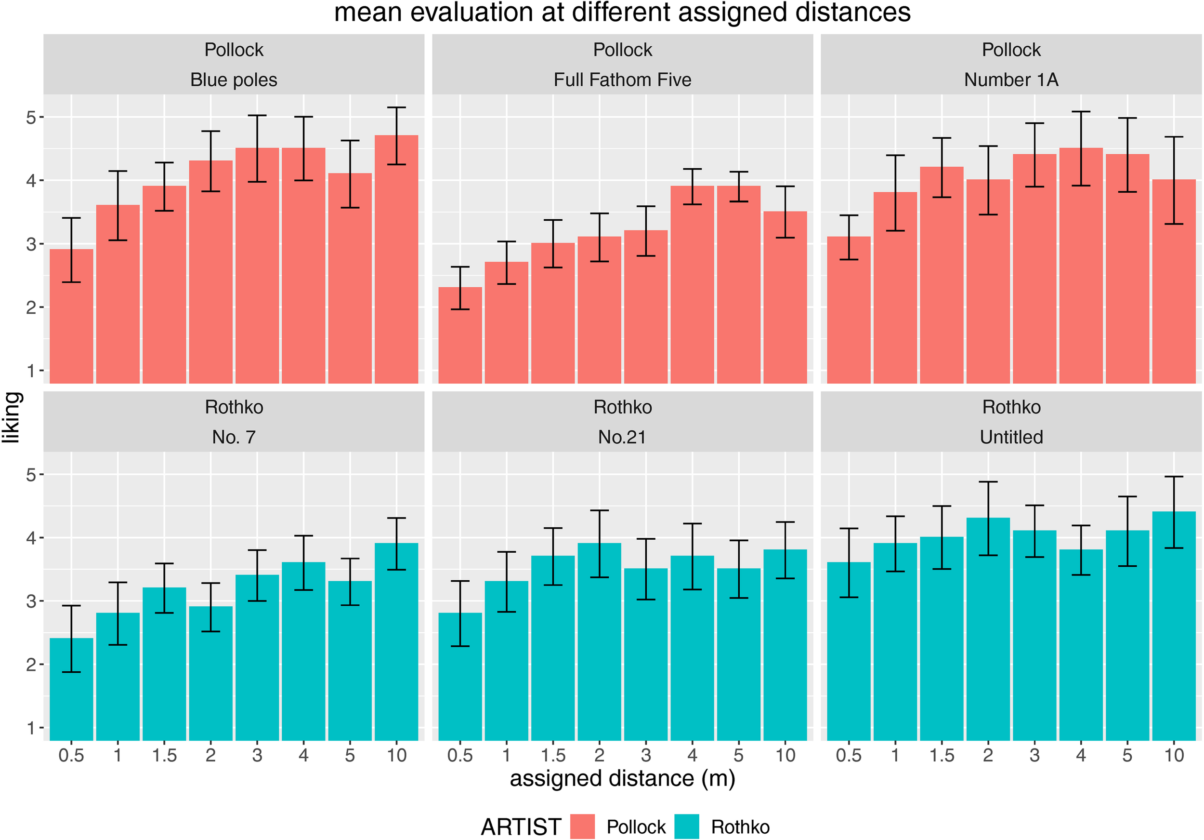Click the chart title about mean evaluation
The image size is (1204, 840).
(622, 13)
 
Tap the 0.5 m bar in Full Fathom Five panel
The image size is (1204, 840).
(460, 336)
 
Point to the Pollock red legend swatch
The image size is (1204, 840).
(582, 827)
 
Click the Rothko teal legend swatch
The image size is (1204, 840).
(686, 827)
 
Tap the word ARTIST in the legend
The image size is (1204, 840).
(521, 827)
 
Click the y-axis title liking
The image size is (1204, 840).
(12, 417)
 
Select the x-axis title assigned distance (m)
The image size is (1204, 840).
(622, 778)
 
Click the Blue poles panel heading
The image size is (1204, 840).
(234, 79)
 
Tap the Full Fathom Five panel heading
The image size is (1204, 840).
(622, 79)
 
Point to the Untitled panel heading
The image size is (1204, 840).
(1011, 437)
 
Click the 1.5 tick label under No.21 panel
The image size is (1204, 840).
(553, 755)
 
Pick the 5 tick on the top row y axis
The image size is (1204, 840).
(31, 117)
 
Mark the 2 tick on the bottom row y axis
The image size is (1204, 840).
(31, 664)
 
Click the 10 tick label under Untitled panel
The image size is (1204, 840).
(1174, 755)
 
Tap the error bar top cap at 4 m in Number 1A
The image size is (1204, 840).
(1081, 112)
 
